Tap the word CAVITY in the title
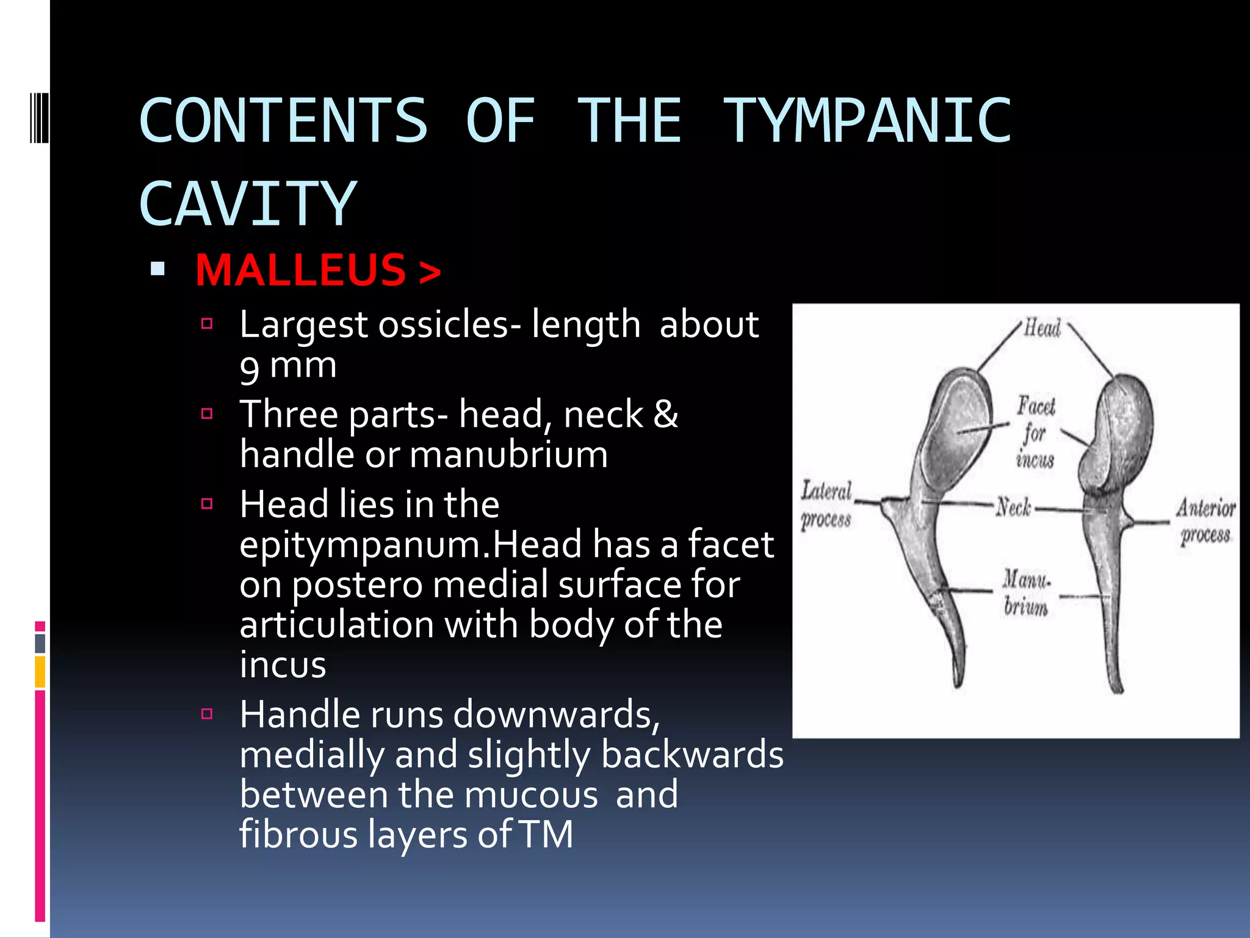(x=247, y=204)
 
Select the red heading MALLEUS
(x=301, y=270)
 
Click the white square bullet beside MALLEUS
(x=157, y=269)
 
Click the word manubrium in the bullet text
(x=508, y=455)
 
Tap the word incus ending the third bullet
(x=283, y=664)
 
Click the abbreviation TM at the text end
(x=546, y=834)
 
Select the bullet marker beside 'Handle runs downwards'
(x=207, y=713)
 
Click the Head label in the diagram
(x=1042, y=328)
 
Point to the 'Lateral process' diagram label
(x=826, y=504)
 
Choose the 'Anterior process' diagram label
(x=1205, y=520)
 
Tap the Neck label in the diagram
(x=1013, y=506)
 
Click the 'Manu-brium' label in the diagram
(x=1026, y=592)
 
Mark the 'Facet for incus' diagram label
(x=1035, y=432)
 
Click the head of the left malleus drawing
(x=958, y=421)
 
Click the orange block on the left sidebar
(x=40, y=672)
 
